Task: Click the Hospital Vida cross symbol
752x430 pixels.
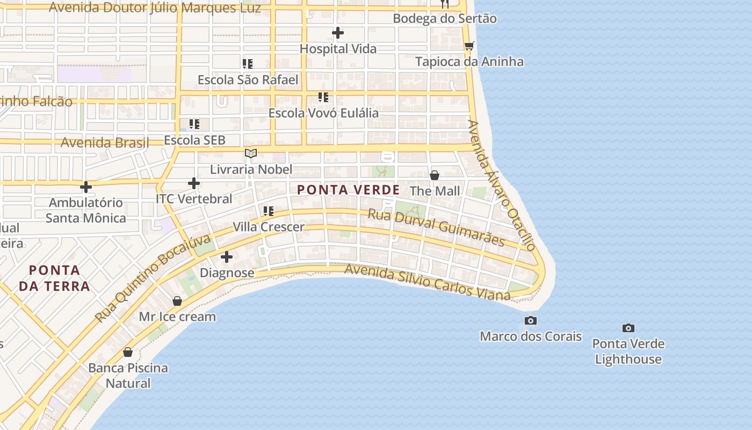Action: tap(337, 33)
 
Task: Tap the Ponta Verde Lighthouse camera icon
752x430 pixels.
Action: tap(628, 328)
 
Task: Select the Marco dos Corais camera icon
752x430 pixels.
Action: tap(530, 321)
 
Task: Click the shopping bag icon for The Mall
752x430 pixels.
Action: tap(435, 175)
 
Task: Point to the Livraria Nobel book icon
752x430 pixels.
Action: tap(251, 154)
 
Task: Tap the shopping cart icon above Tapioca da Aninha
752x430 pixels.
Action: tap(469, 46)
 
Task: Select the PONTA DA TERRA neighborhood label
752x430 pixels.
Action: tap(55, 278)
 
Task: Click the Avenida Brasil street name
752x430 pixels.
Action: tap(105, 142)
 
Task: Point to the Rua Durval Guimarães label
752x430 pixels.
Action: tap(436, 227)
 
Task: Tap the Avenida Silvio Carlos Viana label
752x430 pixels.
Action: tap(427, 282)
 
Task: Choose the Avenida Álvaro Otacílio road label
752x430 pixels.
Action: tap(501, 185)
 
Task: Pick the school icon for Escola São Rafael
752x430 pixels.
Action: tap(247, 64)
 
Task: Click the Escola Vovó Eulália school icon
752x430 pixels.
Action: tap(323, 97)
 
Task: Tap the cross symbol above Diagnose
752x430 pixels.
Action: tap(227, 257)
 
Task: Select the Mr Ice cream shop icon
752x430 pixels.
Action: tap(177, 301)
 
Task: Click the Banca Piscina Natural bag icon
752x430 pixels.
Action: tap(128, 352)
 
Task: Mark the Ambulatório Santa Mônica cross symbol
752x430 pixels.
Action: tap(85, 187)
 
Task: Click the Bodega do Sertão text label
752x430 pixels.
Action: tap(444, 18)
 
